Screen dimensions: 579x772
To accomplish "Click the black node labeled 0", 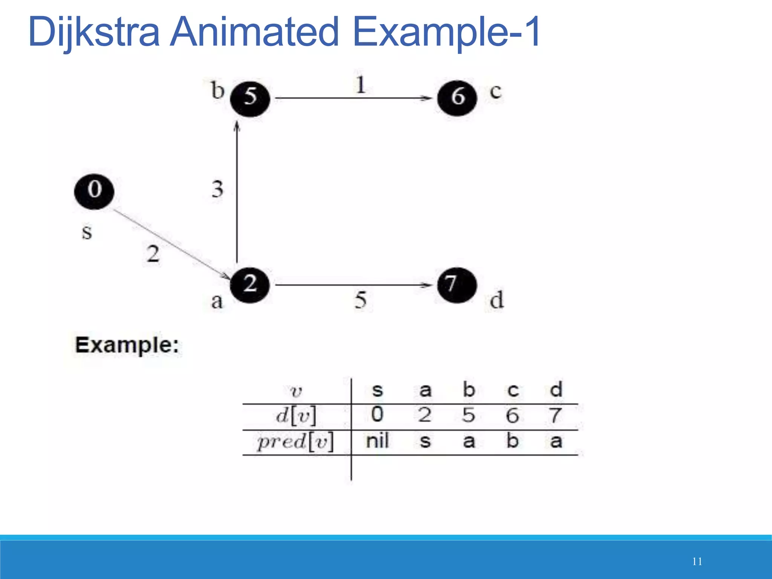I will click(94, 191).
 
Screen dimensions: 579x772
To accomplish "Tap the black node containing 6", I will click(457, 98).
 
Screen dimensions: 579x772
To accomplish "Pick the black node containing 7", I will click(456, 285).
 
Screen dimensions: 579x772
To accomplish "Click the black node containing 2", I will click(250, 285).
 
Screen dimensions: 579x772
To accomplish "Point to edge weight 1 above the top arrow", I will click(360, 84).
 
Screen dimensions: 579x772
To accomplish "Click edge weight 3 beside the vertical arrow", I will click(217, 189).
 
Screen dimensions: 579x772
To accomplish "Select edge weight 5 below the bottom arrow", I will click(360, 300).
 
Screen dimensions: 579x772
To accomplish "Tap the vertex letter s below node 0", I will click(87, 232).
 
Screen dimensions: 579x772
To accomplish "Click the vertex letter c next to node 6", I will click(495, 92).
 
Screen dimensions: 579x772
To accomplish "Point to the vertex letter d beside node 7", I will click(496, 300).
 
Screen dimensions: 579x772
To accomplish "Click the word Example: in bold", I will click(127, 345).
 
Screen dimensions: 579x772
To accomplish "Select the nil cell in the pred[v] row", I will click(377, 441).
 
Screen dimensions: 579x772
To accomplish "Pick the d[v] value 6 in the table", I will click(512, 415).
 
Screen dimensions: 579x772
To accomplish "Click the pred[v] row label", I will click(296, 441).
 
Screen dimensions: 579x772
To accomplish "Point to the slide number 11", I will click(697, 561).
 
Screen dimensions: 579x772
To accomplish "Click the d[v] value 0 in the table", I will click(377, 414).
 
